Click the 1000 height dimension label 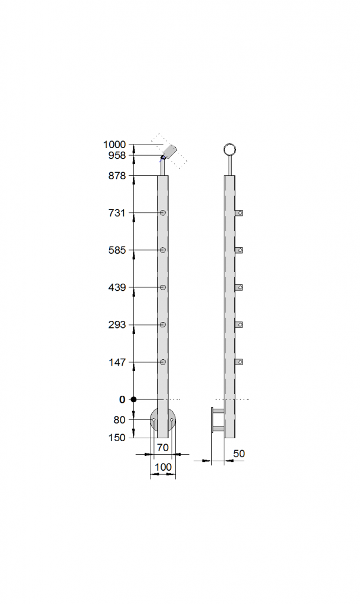click(x=114, y=145)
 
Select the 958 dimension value click(x=117, y=155)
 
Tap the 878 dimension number click(x=117, y=176)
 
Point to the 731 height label click(x=117, y=212)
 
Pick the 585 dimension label click(x=117, y=250)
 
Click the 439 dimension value click(x=117, y=287)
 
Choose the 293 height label click(x=117, y=325)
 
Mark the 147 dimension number click(x=117, y=362)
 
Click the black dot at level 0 click(x=133, y=399)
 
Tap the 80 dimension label click(x=119, y=420)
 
